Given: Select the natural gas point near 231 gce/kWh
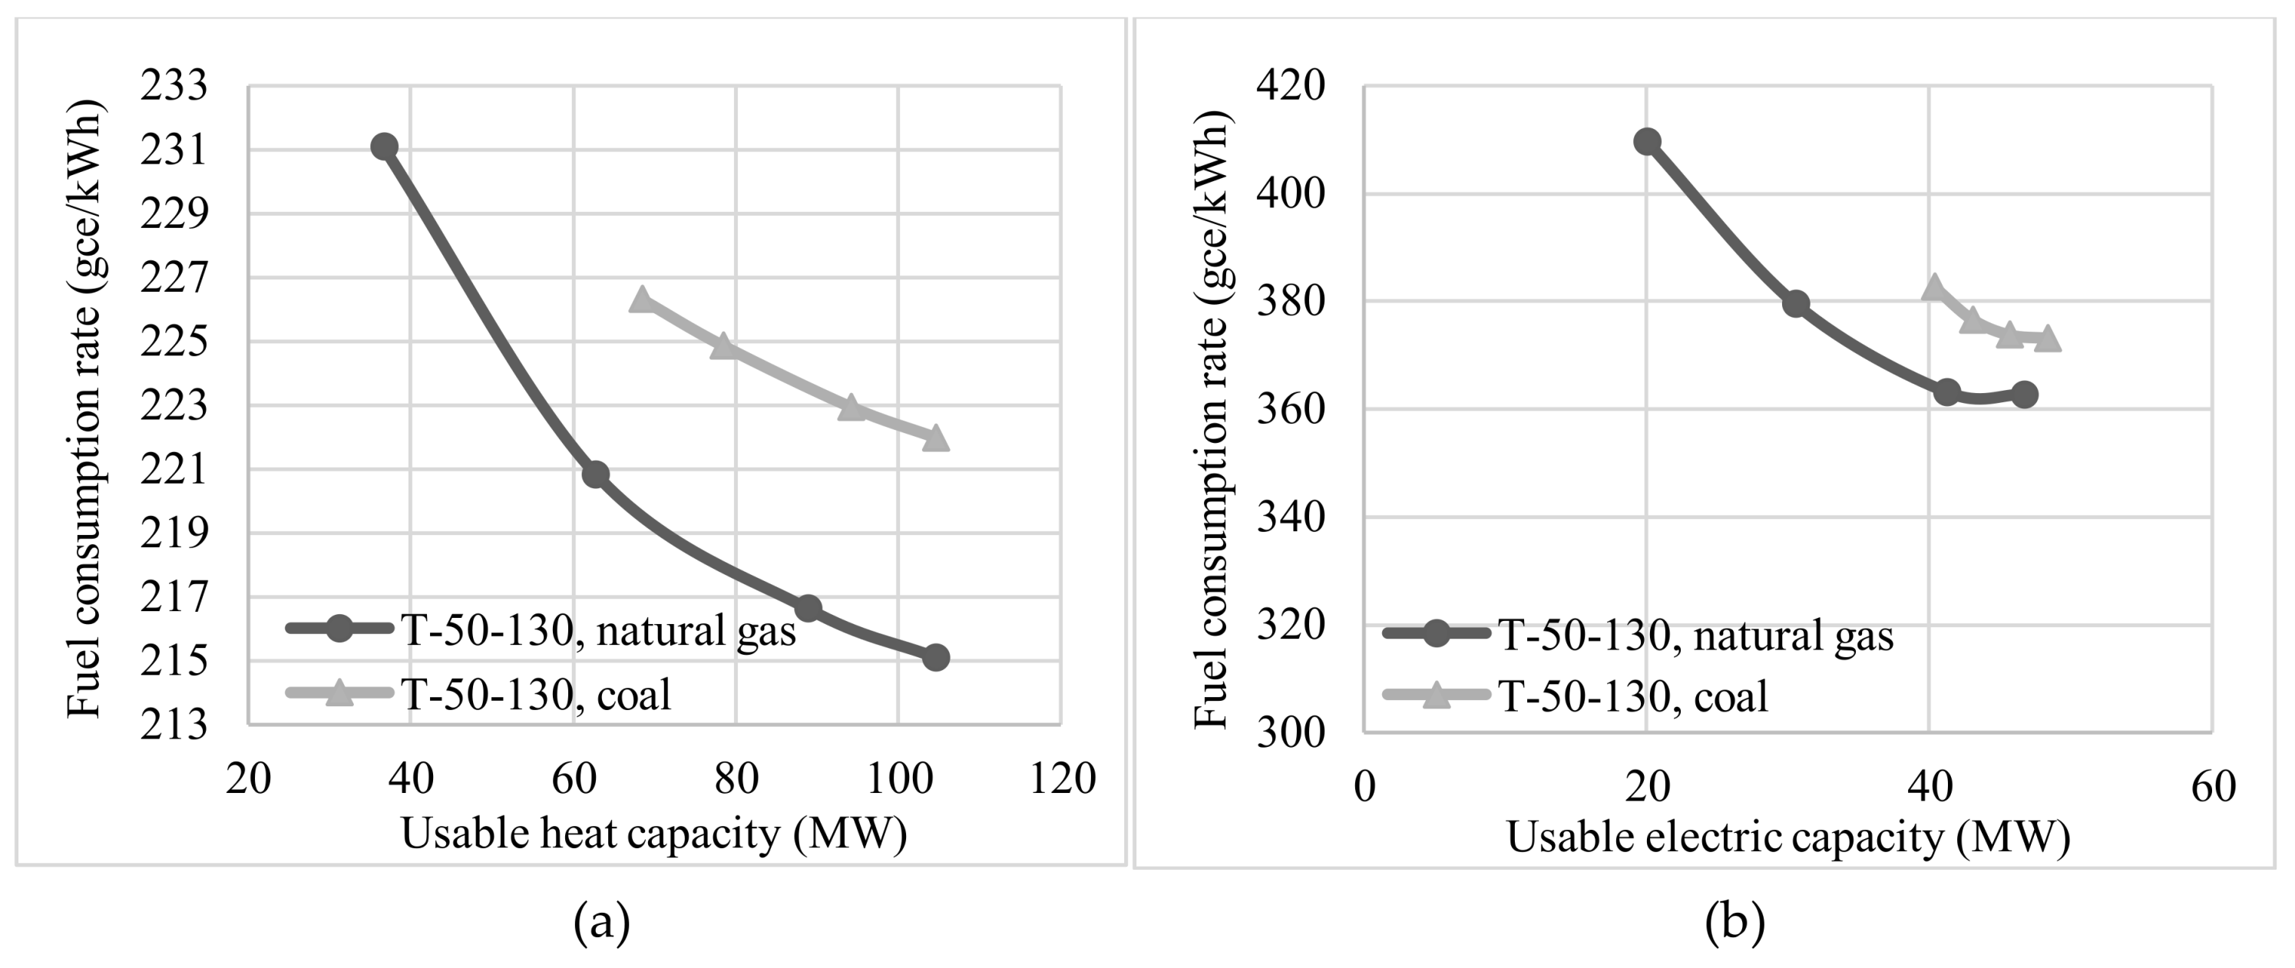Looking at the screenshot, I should tap(384, 147).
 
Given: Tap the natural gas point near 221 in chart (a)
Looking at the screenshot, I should tap(595, 474).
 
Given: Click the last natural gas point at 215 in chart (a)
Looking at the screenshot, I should tap(935, 658).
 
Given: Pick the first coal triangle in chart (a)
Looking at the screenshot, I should tap(640, 301).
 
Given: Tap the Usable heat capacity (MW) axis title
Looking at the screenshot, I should tap(654, 834).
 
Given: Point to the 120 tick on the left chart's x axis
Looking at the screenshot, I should tap(1062, 779).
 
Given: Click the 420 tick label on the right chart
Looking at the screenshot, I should tap(1290, 87).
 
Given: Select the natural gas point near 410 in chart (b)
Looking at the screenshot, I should tap(1647, 141).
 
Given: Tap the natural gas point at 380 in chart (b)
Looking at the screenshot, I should tap(1796, 304).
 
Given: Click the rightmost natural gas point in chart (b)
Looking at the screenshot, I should tap(2024, 395).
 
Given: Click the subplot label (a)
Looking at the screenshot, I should tap(602, 923).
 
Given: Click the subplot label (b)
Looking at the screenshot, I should tap(1734, 923).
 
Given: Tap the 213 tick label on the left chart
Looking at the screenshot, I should tap(173, 725).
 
